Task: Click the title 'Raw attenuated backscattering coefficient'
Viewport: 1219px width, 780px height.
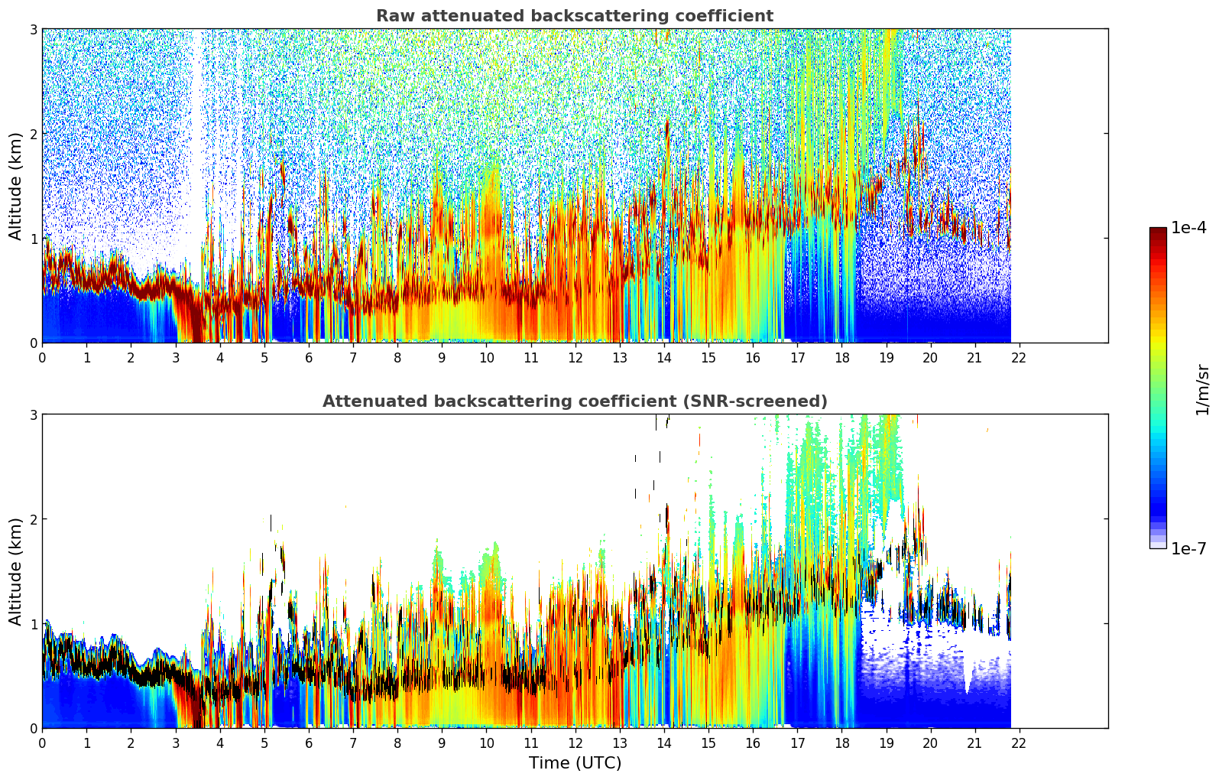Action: [x=574, y=16]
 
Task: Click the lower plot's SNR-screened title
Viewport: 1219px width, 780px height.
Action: [x=574, y=401]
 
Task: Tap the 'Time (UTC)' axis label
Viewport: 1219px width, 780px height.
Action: [x=575, y=762]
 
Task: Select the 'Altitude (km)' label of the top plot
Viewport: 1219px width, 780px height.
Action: [x=16, y=186]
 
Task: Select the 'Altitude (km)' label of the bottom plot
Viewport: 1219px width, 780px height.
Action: [x=16, y=571]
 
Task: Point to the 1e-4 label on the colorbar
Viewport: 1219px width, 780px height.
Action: [x=1188, y=228]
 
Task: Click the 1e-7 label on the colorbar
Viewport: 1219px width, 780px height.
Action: [x=1188, y=548]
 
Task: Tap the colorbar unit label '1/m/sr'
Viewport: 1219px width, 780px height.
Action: [x=1202, y=389]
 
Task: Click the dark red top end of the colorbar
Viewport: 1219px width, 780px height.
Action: [x=1158, y=231]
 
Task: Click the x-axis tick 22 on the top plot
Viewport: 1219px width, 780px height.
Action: [x=1019, y=357]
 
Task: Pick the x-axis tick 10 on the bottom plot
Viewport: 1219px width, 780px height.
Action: [x=486, y=743]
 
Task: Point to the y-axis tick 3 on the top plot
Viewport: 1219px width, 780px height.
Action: [x=33, y=29]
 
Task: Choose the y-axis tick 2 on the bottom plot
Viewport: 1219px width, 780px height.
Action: [x=33, y=519]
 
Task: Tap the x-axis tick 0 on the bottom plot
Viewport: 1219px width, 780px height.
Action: [x=42, y=743]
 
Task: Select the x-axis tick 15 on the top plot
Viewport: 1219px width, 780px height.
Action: [x=708, y=357]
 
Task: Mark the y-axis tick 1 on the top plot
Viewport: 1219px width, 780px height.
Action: [x=33, y=239]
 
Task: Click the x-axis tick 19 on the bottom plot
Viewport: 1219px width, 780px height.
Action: [x=886, y=743]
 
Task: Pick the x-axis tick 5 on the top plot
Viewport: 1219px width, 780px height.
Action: [x=264, y=357]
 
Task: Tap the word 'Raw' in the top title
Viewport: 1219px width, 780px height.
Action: [x=392, y=16]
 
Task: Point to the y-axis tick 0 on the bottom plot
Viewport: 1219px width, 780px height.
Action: [x=33, y=728]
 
